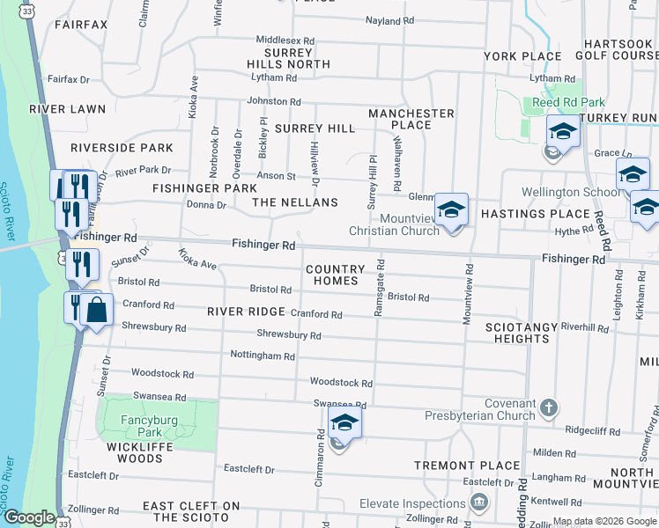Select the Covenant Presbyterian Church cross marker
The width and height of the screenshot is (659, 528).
[x=550, y=407]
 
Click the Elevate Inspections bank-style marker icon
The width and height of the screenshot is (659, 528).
[x=479, y=503]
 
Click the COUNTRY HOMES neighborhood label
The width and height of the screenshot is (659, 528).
[x=335, y=275]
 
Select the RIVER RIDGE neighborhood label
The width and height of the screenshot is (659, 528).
[x=246, y=312]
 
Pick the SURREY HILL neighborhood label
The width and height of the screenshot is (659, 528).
[x=315, y=128]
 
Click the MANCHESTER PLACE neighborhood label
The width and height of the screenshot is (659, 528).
[x=411, y=119]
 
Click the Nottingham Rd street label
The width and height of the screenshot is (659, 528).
[x=263, y=356]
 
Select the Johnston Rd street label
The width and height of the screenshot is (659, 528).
[x=274, y=101]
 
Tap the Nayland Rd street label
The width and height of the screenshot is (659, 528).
[x=396, y=20]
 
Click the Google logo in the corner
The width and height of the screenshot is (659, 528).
[x=29, y=517]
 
